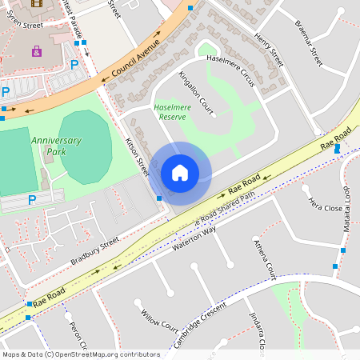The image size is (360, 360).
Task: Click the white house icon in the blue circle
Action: (180, 173)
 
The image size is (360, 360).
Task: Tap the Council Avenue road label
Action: (136, 61)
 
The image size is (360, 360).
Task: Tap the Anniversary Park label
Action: (56, 146)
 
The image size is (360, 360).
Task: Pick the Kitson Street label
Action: (138, 154)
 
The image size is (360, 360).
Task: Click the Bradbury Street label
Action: (94, 250)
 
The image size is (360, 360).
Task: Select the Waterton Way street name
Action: (194, 240)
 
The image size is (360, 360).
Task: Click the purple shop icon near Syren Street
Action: (36, 51)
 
